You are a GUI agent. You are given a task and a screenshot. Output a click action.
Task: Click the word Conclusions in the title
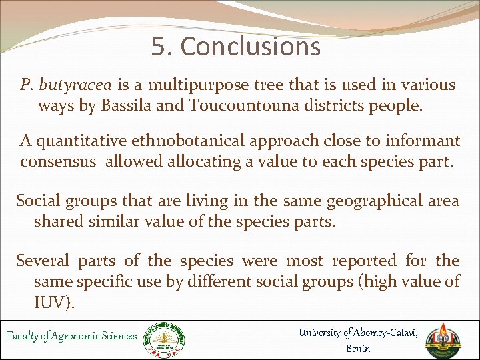[250, 47]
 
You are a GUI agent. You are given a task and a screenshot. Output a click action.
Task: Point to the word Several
[43, 261]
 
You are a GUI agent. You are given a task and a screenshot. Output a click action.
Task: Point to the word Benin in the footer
[359, 348]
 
